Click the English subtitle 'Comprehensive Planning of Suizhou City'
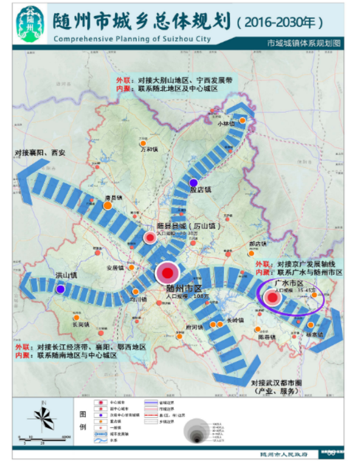[x=132, y=39]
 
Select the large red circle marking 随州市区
[x=167, y=273]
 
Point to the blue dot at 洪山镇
[x=60, y=289]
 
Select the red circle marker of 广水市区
[x=273, y=298]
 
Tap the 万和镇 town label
[x=149, y=149]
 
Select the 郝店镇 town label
[x=257, y=244]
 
